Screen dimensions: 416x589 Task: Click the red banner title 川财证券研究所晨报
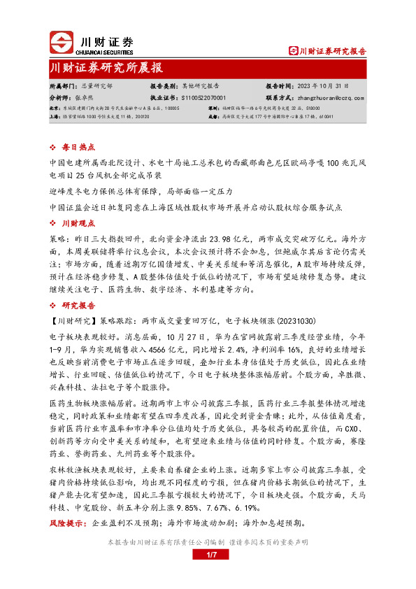[106, 69]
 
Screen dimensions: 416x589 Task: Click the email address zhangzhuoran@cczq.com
[327, 99]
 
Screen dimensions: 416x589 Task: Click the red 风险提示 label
[69, 523]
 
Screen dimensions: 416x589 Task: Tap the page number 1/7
[213, 555]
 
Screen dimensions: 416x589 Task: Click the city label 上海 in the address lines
[54, 117]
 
